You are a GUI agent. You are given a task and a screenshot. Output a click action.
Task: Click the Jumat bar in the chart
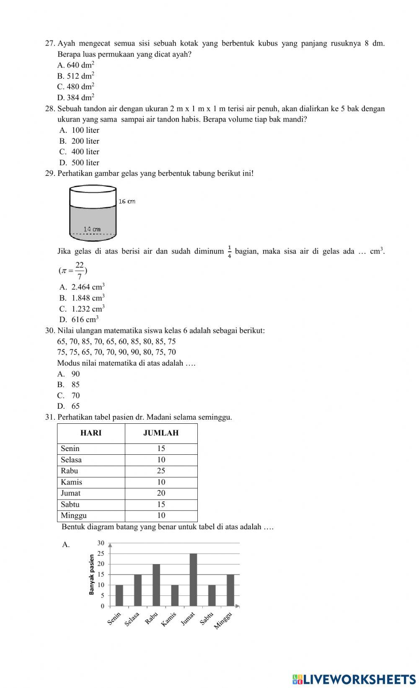(193, 580)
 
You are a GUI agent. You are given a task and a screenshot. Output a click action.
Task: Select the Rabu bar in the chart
(156, 585)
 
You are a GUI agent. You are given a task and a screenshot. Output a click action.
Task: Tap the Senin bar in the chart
(119, 595)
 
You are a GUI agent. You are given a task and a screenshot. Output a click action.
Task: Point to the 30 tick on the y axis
(101, 543)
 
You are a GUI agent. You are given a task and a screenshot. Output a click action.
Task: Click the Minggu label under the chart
(223, 621)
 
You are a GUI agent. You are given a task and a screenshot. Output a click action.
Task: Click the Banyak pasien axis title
(91, 575)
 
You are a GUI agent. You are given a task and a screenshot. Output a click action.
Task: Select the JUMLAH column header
(161, 433)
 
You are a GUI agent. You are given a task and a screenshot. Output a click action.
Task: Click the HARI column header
(91, 433)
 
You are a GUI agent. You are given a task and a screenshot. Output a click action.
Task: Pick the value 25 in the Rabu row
(161, 471)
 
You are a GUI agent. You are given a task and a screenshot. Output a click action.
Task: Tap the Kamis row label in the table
(71, 482)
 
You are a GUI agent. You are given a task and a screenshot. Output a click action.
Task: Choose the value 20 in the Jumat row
(161, 493)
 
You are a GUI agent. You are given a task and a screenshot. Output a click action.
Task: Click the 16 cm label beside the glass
(127, 201)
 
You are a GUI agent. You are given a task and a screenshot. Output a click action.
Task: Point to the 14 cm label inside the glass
(92, 229)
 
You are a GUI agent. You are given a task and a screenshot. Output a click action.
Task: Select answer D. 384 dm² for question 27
(76, 98)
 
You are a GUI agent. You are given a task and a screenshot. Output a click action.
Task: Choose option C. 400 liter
(80, 152)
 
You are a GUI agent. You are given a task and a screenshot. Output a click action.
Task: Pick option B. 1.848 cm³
(82, 298)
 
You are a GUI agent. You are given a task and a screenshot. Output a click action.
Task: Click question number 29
(50, 173)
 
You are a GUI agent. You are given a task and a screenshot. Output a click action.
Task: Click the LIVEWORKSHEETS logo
(354, 679)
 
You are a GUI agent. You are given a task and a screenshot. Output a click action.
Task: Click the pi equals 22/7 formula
(73, 271)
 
